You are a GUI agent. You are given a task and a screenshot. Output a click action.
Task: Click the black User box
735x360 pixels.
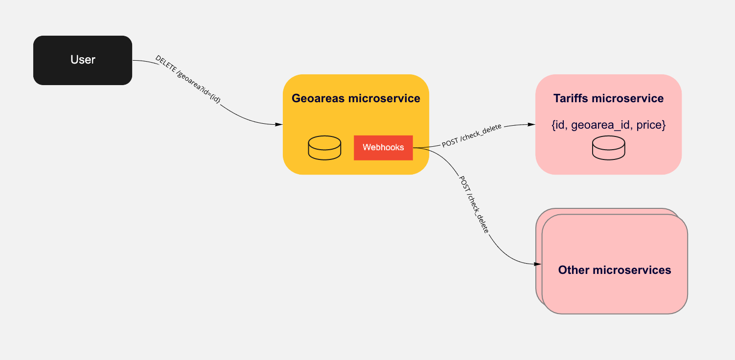83,60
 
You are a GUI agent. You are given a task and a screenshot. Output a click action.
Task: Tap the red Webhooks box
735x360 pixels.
383,148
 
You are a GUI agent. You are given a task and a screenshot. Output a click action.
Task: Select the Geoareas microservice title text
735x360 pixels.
356,98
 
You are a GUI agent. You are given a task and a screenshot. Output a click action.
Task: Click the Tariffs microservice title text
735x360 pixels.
608,98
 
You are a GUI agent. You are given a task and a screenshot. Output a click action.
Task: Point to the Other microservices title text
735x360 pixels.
615,270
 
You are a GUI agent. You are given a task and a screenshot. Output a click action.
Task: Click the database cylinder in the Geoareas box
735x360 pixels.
324,148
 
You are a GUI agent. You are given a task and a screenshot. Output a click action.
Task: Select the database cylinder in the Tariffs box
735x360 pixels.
609,148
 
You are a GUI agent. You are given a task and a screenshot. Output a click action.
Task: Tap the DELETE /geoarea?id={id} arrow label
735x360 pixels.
188,79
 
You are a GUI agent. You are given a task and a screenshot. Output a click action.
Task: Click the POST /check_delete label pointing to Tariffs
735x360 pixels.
472,135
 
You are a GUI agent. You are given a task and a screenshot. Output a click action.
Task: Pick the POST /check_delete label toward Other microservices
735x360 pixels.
474,204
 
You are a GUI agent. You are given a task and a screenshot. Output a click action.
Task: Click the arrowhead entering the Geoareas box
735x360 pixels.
279,125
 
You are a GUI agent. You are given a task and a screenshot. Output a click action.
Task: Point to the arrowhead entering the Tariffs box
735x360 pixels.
531,124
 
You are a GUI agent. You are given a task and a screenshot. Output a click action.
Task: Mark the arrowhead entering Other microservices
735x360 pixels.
537,264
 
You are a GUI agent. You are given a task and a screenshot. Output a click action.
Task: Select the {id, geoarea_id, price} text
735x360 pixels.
609,125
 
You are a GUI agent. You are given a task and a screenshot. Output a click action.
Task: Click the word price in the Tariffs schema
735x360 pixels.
651,125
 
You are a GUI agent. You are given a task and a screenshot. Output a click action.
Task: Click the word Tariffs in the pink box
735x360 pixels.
571,98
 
